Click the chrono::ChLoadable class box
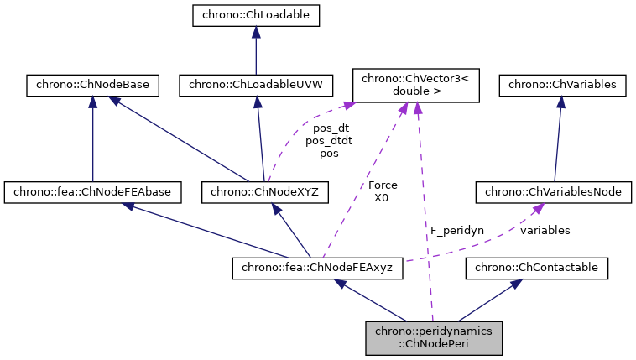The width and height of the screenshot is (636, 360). (256, 14)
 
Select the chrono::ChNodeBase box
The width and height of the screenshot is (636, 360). (92, 84)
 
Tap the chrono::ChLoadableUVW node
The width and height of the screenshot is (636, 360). (256, 84)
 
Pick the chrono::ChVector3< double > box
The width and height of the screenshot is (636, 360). (416, 85)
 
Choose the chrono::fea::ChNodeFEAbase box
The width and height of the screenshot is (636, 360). (92, 192)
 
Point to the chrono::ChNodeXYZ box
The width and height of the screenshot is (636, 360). (265, 192)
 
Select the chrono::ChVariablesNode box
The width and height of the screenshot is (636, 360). (553, 192)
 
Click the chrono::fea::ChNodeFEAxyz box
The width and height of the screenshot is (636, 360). (318, 268)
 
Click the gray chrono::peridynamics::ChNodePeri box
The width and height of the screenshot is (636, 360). (433, 337)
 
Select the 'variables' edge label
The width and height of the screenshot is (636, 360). (545, 230)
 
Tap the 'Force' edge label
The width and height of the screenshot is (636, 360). (383, 185)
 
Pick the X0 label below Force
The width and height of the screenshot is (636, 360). (383, 197)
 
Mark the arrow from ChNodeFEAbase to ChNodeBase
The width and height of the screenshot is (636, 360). (92, 138)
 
